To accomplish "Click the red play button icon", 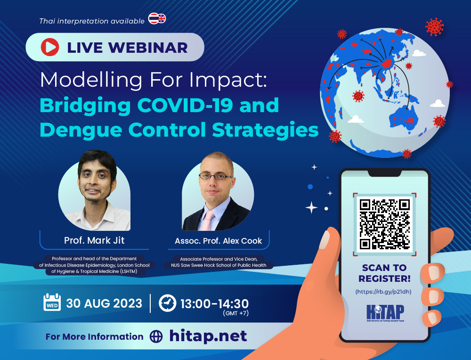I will point(50,47).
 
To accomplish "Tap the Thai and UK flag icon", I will point(157,19).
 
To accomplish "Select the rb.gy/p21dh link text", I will point(384,292).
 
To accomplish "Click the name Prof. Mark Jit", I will point(94,241).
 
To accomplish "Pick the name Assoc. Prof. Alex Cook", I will point(218,241).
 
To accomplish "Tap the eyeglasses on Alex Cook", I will point(215,177).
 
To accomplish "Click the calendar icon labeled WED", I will point(51,303).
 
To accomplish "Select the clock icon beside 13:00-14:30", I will point(167,303).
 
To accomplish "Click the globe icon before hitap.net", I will point(156,336).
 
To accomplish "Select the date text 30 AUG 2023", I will point(104,303).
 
